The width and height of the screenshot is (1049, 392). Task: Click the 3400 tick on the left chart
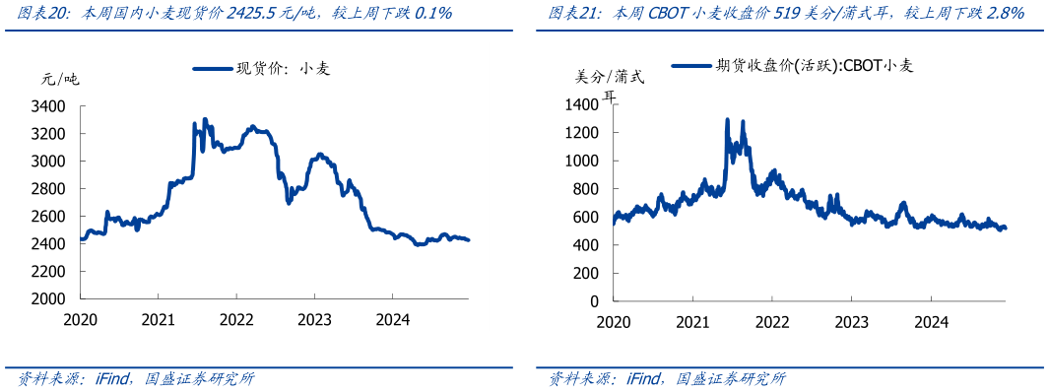[x=49, y=105]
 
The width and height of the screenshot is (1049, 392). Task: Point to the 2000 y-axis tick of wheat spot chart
[x=49, y=298]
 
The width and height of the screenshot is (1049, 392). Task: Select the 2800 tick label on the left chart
[x=49, y=188]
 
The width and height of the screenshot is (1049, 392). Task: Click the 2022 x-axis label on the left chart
[x=236, y=319]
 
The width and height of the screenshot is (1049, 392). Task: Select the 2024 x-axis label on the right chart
[x=931, y=321]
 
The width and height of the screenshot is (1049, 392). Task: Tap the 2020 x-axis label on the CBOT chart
[x=614, y=321]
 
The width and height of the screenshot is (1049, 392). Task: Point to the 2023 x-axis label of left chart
[x=314, y=319]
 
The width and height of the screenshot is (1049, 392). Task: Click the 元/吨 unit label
[x=59, y=79]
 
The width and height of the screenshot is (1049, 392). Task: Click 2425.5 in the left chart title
[x=253, y=14]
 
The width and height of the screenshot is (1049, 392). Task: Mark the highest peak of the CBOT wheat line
[x=727, y=119]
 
